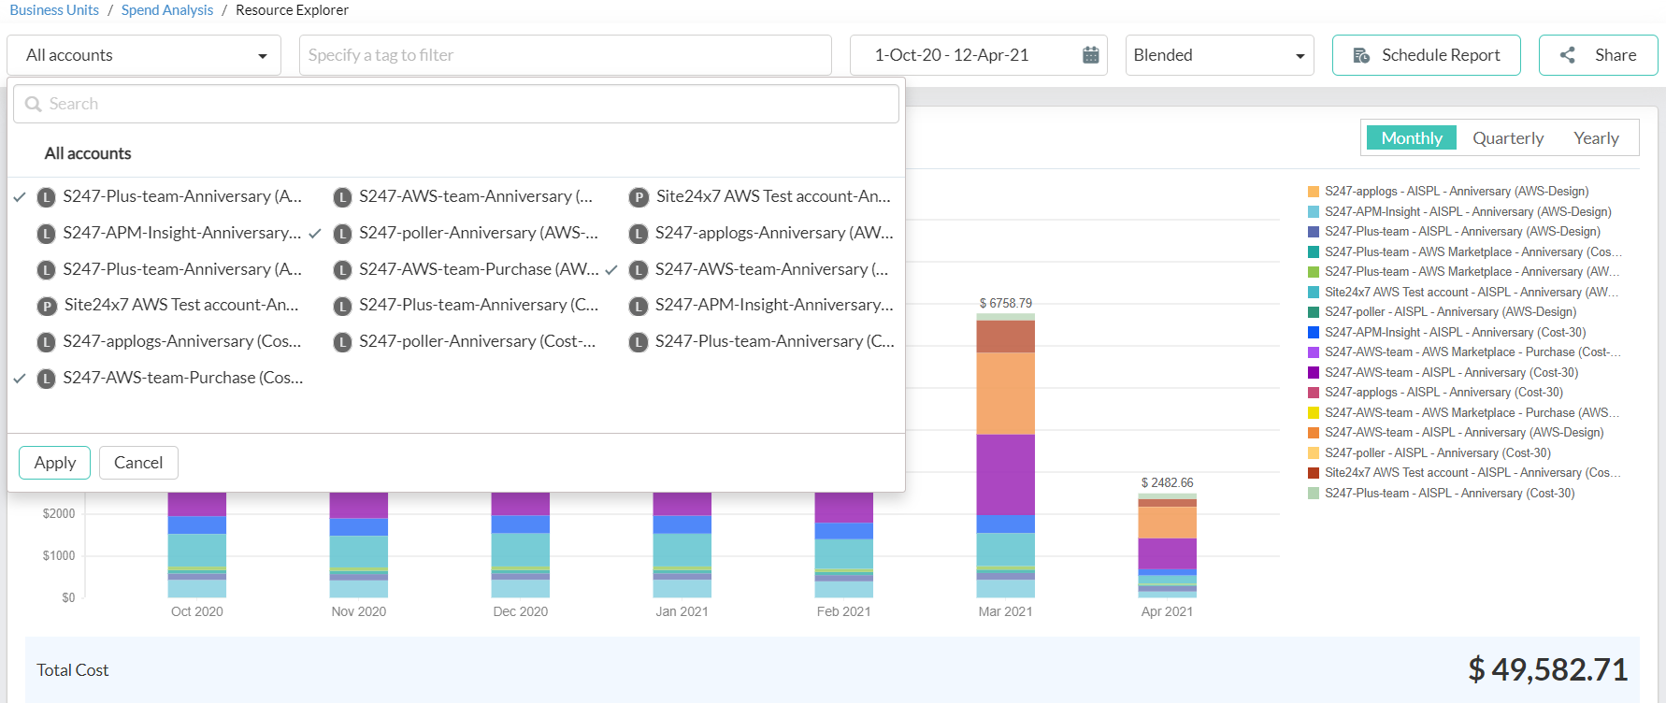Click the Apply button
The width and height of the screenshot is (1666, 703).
54,463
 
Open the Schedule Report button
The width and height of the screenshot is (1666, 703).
1426,55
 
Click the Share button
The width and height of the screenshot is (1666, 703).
1598,55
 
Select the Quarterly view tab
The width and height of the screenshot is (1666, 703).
1507,138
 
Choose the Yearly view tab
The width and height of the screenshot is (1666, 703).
1595,138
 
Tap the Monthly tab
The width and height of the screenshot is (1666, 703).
1411,138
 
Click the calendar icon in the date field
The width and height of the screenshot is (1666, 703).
1090,55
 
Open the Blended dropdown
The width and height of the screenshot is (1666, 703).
1218,55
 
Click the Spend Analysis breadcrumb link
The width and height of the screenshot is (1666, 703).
167,10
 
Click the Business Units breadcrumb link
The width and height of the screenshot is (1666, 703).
54,10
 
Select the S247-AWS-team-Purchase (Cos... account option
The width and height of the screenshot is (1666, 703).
182,378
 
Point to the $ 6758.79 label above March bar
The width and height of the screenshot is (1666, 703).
1005,303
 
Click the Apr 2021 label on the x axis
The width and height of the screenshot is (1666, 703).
1166,611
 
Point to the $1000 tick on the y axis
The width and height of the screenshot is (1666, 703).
59,555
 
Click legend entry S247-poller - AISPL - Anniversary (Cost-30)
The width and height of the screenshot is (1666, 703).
1437,453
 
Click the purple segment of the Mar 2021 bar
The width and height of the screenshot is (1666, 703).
1005,474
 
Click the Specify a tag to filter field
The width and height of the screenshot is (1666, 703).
565,55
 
